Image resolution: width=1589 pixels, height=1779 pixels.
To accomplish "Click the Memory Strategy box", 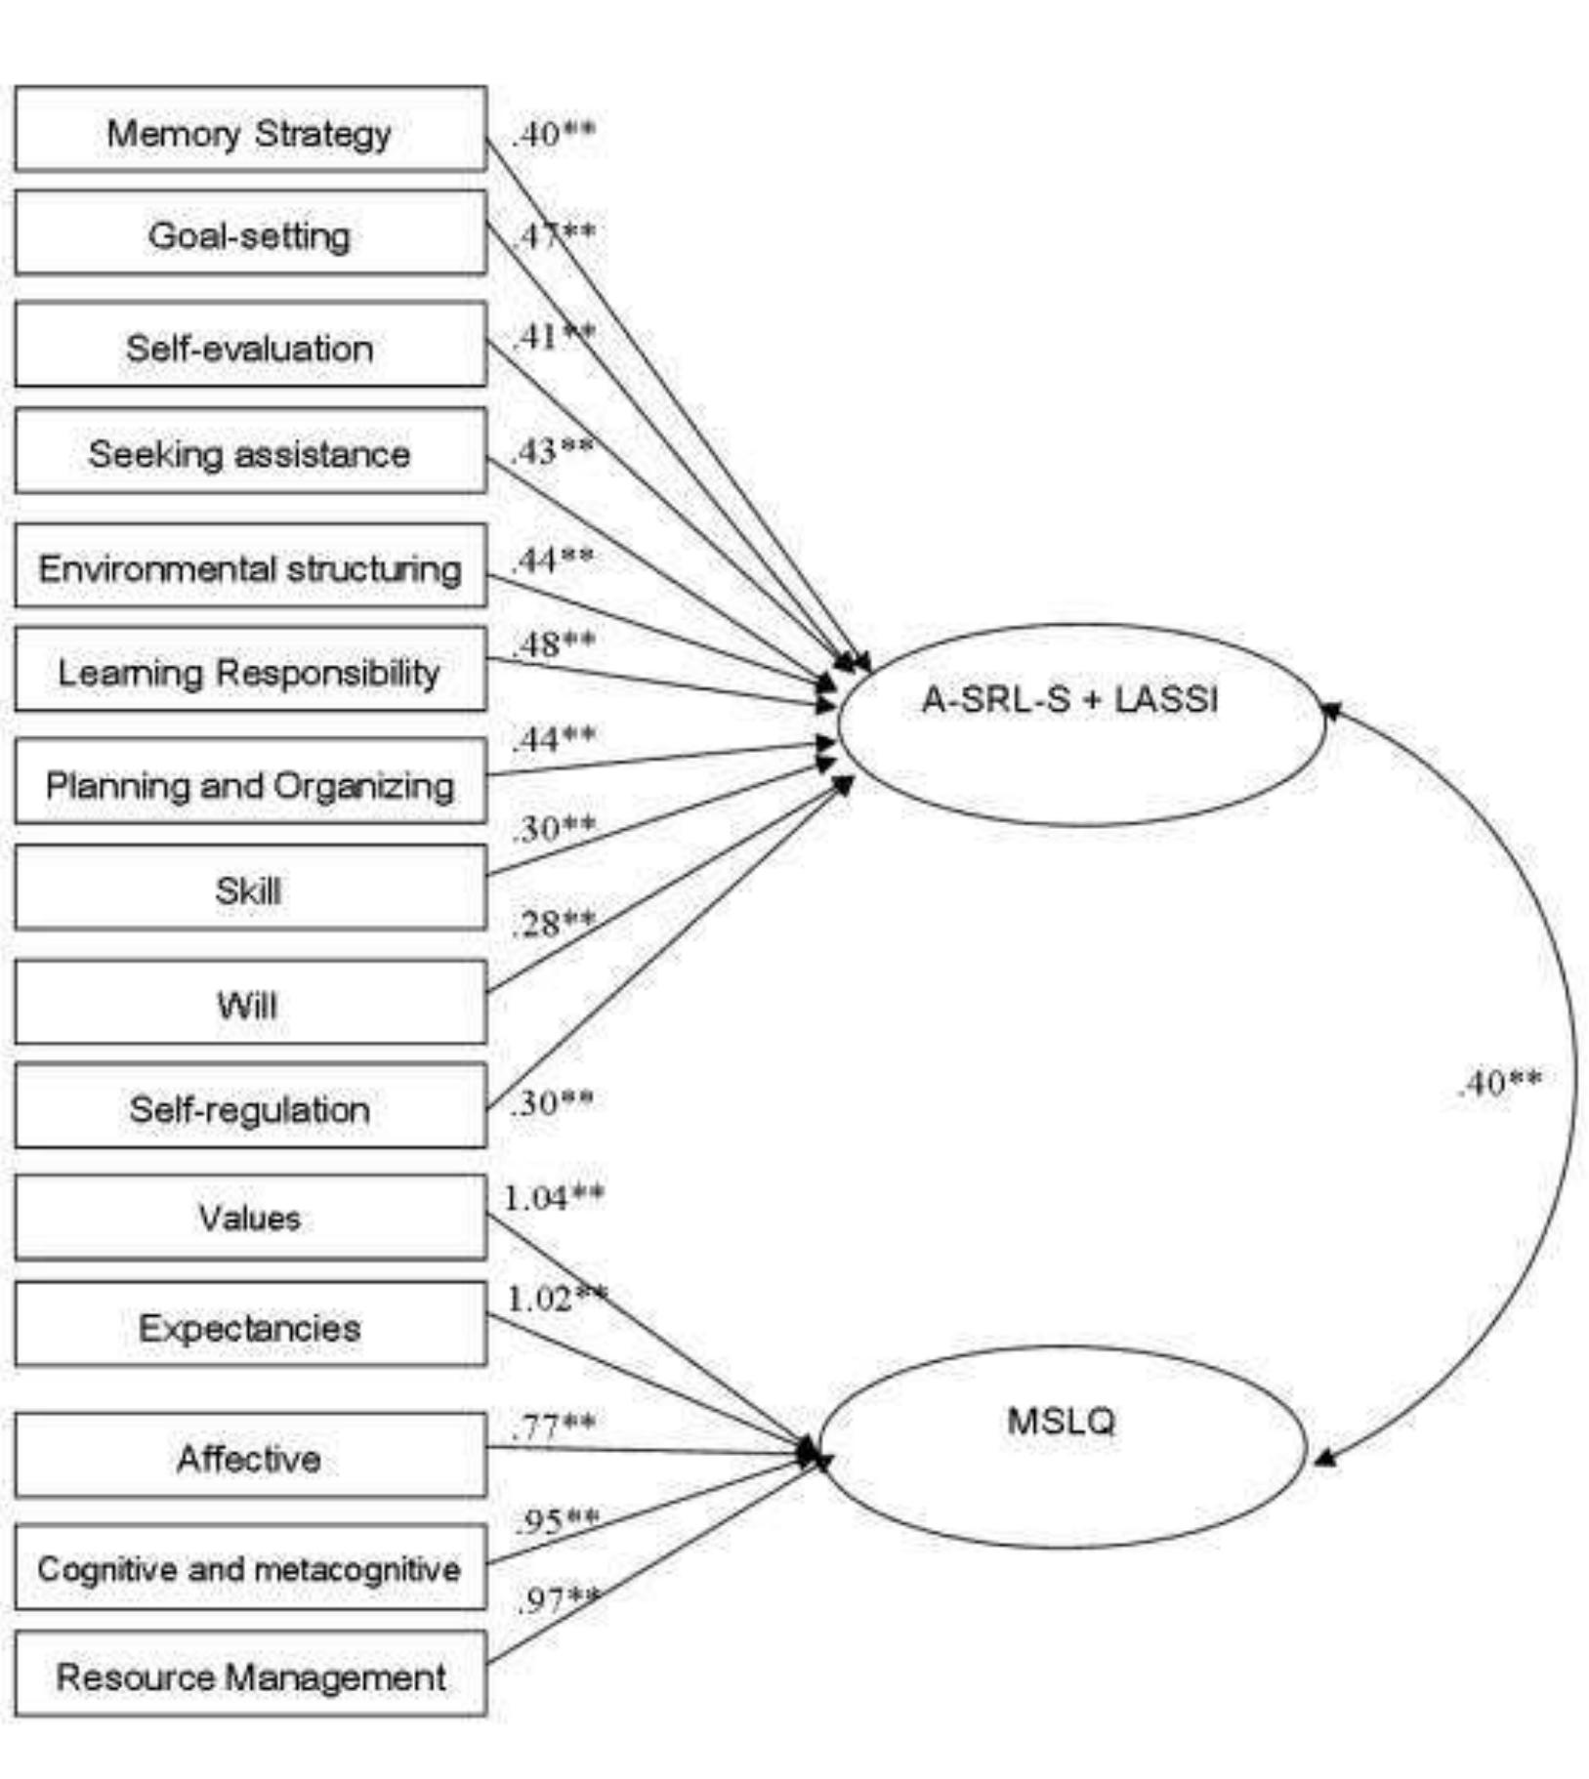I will point(250,130).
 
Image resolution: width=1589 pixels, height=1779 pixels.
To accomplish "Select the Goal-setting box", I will point(250,233).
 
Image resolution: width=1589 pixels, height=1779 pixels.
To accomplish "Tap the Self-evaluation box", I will point(250,346).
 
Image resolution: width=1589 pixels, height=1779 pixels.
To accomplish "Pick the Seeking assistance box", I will point(250,452).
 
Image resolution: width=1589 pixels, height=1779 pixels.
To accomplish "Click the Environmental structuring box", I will point(250,566).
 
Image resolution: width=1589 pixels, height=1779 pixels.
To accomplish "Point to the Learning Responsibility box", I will point(250,671).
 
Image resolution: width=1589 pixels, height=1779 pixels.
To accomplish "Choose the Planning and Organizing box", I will point(250,783).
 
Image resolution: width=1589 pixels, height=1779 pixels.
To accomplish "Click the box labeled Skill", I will point(250,889).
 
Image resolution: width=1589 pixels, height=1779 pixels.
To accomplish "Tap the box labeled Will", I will point(250,1003).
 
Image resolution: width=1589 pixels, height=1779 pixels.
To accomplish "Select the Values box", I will point(250,1217).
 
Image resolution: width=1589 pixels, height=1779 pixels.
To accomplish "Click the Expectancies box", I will point(250,1326).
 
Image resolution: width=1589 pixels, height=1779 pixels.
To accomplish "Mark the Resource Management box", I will point(250,1676).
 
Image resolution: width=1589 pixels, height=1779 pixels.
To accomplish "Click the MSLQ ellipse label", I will point(1061,1420).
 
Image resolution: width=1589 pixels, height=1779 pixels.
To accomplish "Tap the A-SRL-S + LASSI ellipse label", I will point(1069,699).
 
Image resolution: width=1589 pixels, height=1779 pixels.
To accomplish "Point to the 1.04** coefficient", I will point(553,1197).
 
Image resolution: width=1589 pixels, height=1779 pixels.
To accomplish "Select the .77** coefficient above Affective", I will point(553,1427).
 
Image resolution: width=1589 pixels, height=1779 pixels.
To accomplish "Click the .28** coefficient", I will point(553,922).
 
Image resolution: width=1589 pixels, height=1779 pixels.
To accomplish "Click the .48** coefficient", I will point(553,643).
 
